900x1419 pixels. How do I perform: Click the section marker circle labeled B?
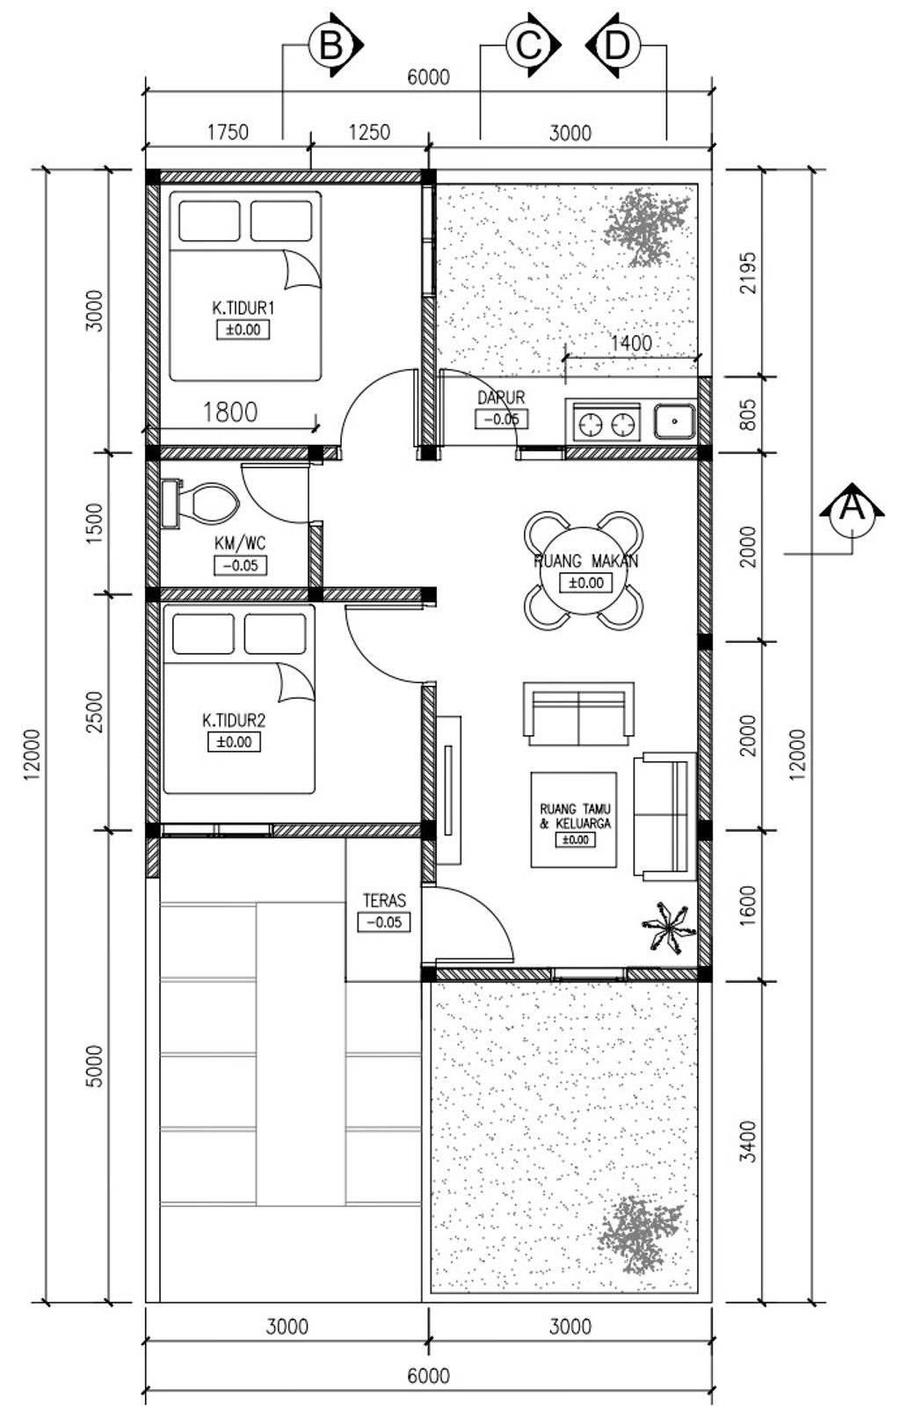(330, 46)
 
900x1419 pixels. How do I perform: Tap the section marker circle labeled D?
(618, 46)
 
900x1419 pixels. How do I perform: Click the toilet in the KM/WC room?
(200, 504)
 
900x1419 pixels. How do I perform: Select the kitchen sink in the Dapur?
(675, 421)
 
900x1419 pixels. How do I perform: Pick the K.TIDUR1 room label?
(243, 309)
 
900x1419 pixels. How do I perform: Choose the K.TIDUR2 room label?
(234, 720)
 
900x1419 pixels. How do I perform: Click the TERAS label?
(384, 900)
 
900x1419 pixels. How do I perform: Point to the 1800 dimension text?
(230, 412)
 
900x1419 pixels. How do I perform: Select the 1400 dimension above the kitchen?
(631, 343)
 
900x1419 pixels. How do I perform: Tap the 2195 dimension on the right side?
(748, 273)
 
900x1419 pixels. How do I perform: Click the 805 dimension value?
(748, 414)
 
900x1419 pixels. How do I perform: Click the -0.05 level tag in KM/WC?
(241, 565)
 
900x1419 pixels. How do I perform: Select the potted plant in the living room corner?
(665, 928)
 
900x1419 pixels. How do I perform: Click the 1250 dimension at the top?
(369, 133)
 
